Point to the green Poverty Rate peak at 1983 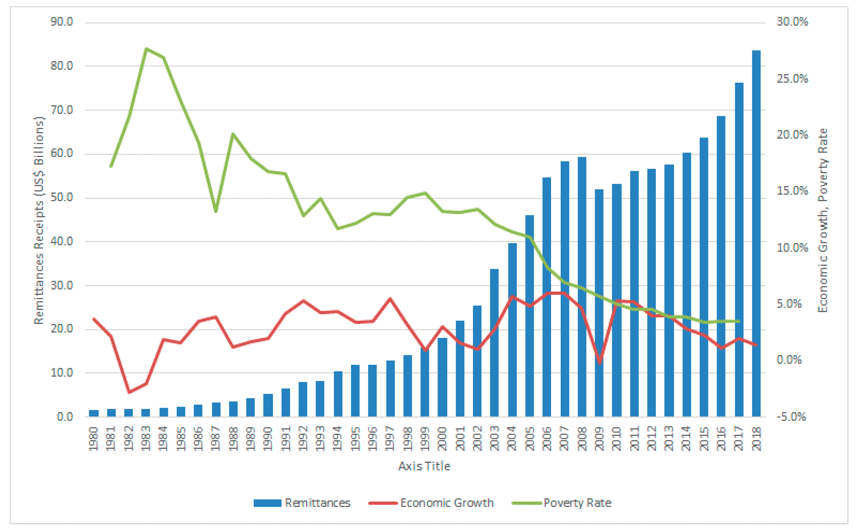pos(146,49)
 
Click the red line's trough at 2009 pos(600,363)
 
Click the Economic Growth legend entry pos(431,503)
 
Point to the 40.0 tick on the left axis pos(62,241)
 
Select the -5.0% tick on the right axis pos(791,417)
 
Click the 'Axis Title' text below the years pos(424,466)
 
